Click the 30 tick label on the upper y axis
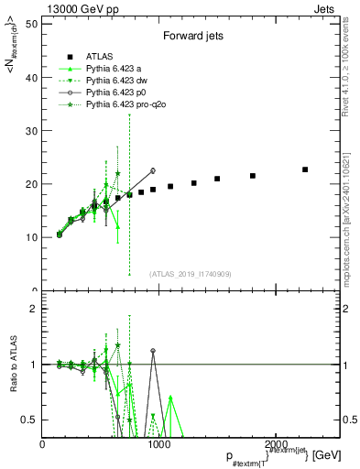click(x=32, y=131)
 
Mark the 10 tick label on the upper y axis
click(x=32, y=237)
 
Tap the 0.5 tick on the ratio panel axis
click(x=29, y=420)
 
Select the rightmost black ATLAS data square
click(x=305, y=169)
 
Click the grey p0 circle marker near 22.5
click(x=153, y=170)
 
